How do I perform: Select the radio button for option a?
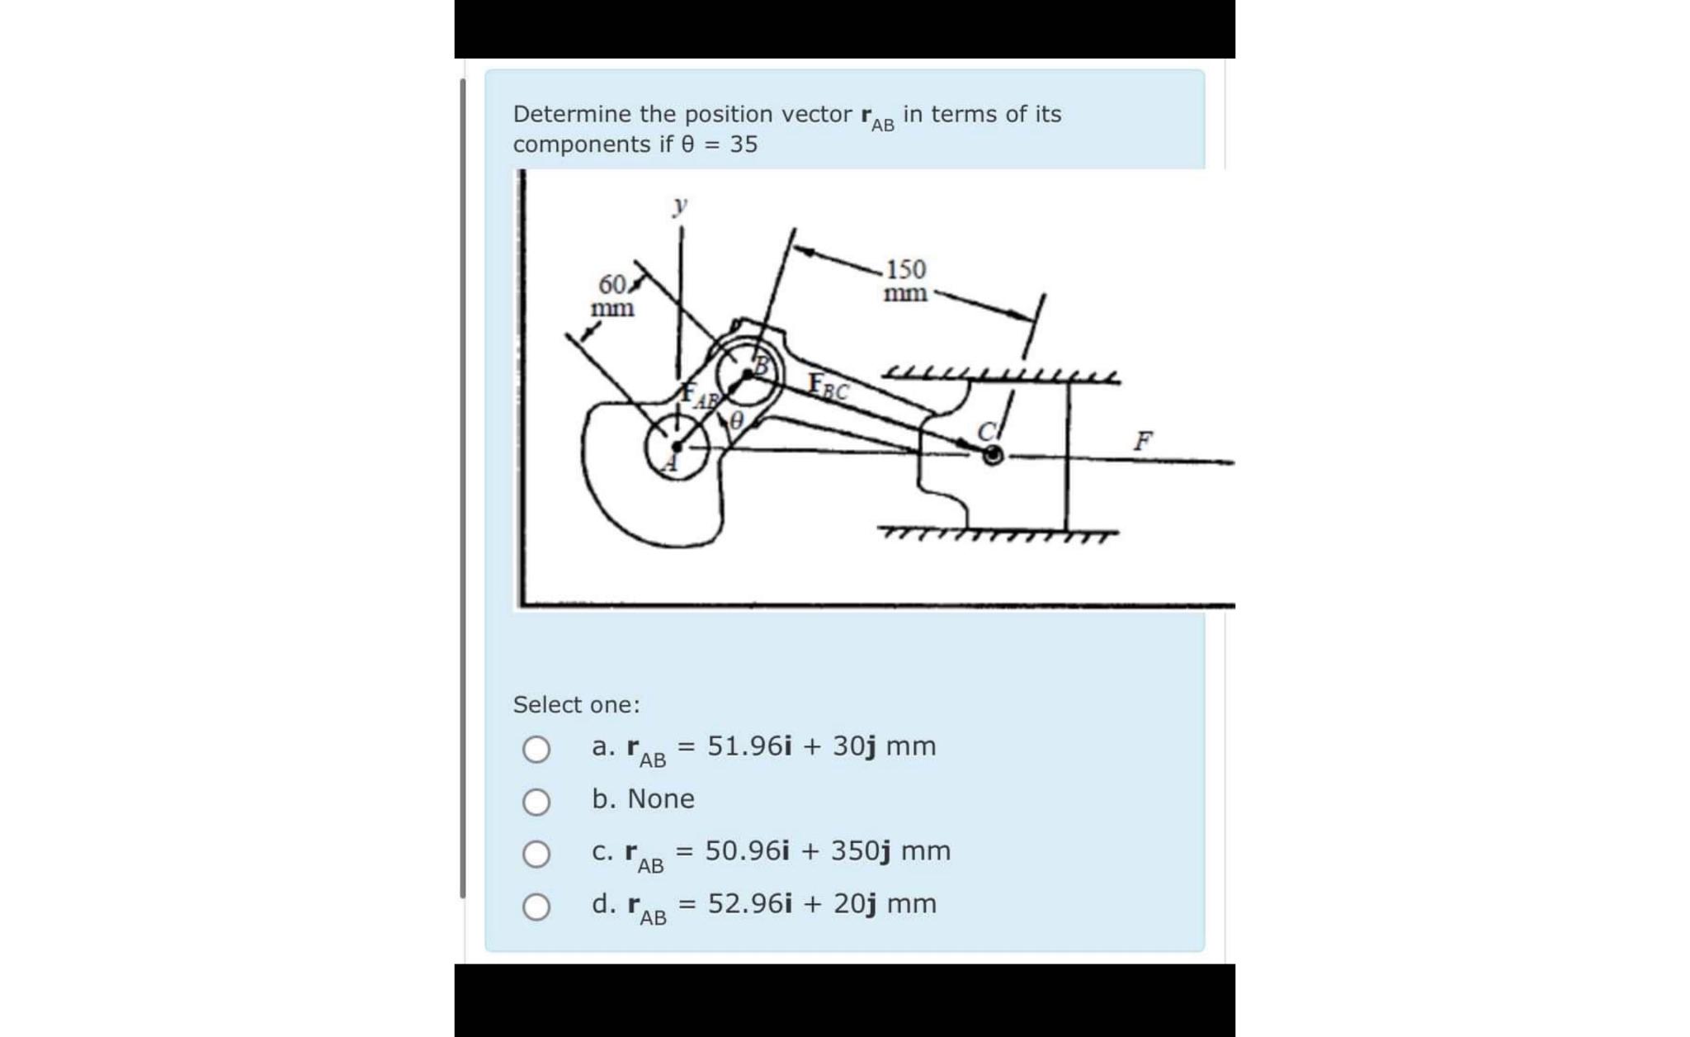tap(536, 749)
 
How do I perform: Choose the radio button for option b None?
tap(536, 801)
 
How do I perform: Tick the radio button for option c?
tap(536, 854)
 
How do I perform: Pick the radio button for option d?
tap(536, 907)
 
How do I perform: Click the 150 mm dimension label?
tap(905, 281)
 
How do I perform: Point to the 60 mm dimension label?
tap(613, 296)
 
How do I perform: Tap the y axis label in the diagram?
tap(679, 204)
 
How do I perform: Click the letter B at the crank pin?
tap(763, 364)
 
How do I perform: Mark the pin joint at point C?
tap(993, 454)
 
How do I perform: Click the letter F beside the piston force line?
tap(1142, 440)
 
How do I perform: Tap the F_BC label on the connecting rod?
tap(828, 386)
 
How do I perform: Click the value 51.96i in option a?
tap(749, 746)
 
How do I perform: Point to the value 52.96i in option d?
tap(749, 903)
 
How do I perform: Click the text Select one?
tap(576, 704)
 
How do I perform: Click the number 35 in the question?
tap(744, 144)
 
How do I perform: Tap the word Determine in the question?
tap(560, 114)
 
